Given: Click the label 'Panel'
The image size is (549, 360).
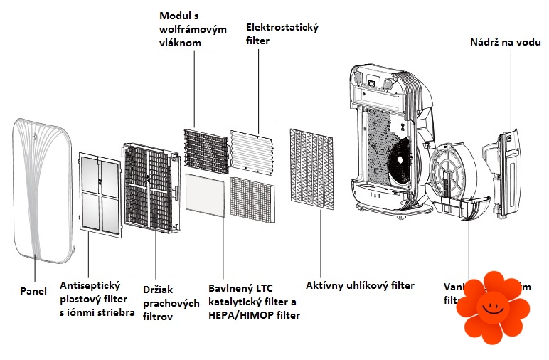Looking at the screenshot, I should (x=33, y=290).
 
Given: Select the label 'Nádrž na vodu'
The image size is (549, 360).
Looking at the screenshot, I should (x=505, y=41).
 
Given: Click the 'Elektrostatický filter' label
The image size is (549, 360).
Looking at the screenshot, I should (x=282, y=34).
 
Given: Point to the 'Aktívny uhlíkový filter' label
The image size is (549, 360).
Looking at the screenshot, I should (x=360, y=285).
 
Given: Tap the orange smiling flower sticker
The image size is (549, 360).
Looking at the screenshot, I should (x=494, y=305).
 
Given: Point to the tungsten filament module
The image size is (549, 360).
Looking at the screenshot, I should (x=206, y=150).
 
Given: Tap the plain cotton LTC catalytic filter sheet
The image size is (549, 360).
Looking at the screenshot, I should (x=206, y=195).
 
